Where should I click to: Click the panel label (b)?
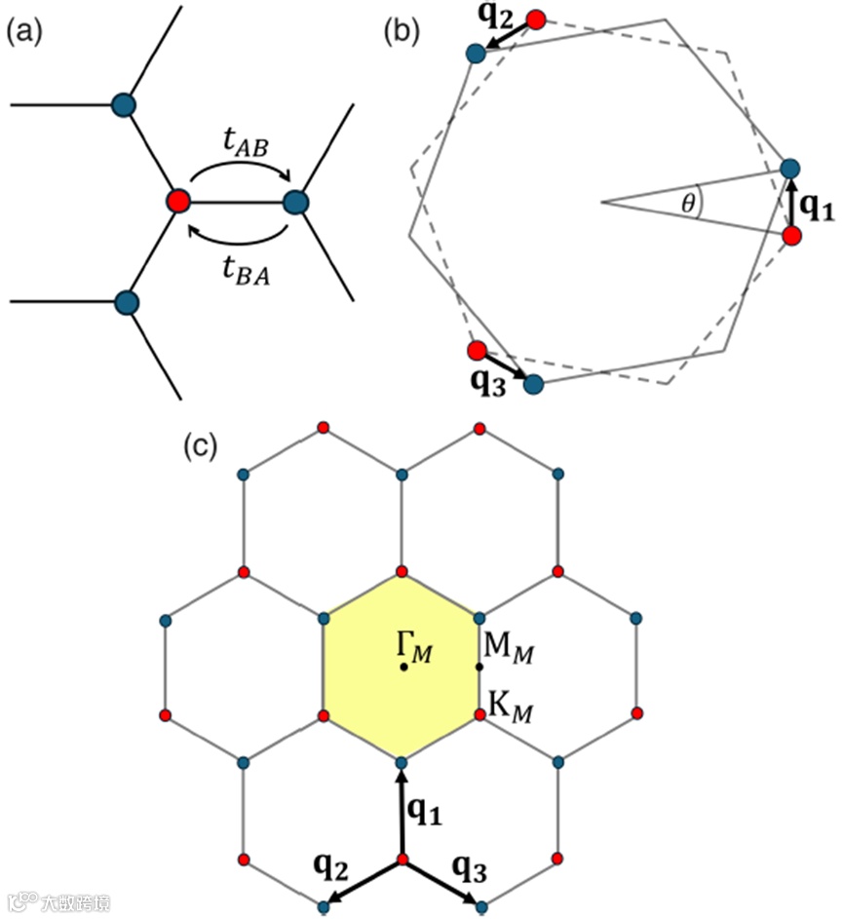(402, 32)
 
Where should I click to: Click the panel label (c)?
(201, 445)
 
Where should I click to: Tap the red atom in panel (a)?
(177, 203)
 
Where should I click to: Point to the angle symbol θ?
(689, 205)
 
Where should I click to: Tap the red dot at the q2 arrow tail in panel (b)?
(536, 19)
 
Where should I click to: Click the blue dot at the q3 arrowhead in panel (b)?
(533, 384)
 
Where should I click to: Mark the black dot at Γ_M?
(402, 668)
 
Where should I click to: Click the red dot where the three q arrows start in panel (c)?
(402, 861)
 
